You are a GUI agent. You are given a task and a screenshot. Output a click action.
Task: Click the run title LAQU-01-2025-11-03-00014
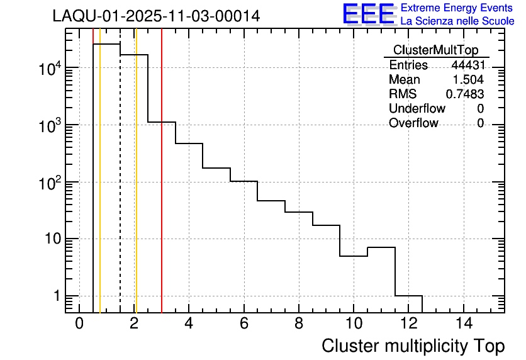coord(156,16)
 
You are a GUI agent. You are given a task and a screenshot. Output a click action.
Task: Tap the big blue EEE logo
coord(369,14)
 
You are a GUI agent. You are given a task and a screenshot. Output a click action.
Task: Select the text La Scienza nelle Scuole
coord(457,21)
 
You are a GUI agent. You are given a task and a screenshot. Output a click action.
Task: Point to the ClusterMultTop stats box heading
coord(435,50)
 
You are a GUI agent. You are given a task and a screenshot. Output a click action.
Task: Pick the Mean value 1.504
coord(469,80)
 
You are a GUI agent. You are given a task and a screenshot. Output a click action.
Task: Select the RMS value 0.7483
coord(465,94)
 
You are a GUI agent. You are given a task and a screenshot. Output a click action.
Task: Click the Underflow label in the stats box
coord(417,108)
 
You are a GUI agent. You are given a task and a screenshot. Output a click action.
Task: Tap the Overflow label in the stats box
coord(413,123)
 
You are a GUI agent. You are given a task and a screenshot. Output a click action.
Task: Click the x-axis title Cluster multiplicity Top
coord(413,346)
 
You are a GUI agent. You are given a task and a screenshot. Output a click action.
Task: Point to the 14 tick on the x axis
coord(464,323)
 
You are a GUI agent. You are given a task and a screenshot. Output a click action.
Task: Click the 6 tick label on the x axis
coord(244,323)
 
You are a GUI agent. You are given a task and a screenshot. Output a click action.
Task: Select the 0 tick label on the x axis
coord(79,323)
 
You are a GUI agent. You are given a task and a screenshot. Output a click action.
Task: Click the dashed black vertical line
coord(120,189)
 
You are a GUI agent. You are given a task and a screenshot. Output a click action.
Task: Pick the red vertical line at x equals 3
coord(162,189)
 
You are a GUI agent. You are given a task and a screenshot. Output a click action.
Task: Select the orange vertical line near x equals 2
coord(136,189)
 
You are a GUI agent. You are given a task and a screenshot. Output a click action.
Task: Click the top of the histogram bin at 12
coord(409,296)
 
